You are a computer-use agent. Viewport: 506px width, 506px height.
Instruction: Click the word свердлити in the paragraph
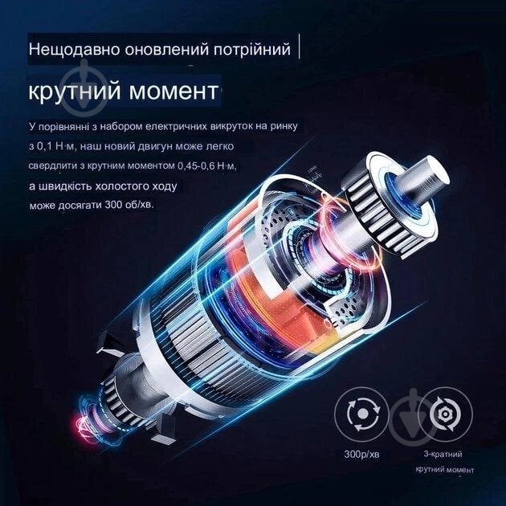[55, 166]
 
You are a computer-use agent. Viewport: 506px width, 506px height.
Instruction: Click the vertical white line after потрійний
[302, 47]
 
